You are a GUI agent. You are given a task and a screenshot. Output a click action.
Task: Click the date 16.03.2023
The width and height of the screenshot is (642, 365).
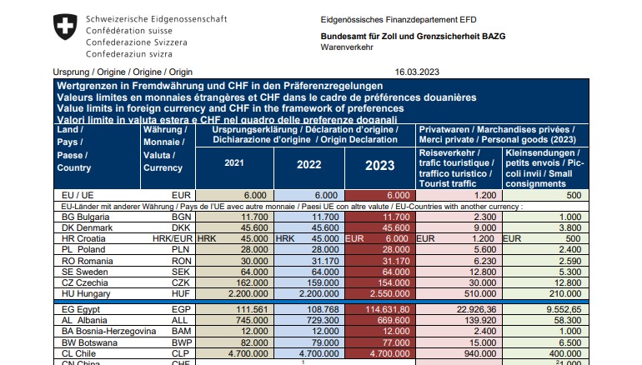[x=416, y=72]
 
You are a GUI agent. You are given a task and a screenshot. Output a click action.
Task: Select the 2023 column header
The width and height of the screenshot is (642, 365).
[x=380, y=165]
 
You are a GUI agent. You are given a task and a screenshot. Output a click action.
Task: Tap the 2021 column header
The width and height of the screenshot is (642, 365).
[x=236, y=163]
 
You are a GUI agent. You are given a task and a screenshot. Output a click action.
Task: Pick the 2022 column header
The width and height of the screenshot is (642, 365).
[x=308, y=164]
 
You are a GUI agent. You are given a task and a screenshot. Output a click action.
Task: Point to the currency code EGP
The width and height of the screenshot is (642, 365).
[x=182, y=309]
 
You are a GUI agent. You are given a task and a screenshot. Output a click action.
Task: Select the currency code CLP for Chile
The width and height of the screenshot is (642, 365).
[x=182, y=353]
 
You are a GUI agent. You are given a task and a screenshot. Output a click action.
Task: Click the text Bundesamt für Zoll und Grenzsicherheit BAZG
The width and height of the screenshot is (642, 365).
[x=413, y=37]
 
